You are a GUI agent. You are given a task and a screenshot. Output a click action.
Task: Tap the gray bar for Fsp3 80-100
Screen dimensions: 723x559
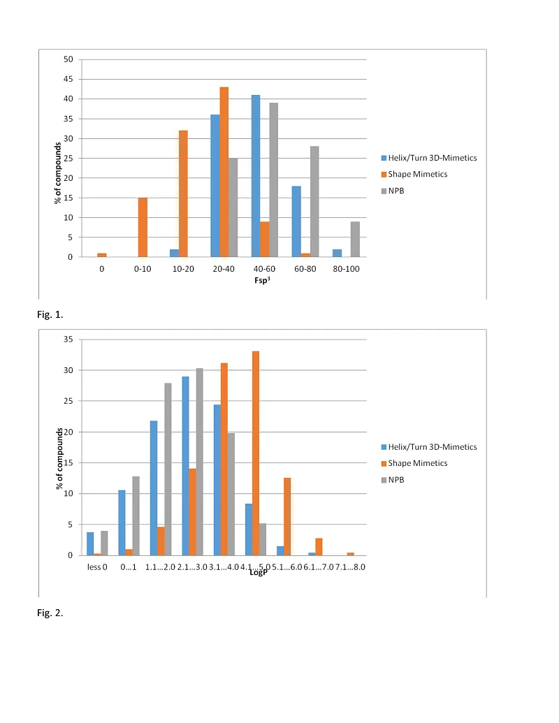355,239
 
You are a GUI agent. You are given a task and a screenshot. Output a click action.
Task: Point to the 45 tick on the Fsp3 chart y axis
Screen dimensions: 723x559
68,79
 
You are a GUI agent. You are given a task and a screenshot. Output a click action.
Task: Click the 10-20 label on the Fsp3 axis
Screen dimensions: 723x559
183,269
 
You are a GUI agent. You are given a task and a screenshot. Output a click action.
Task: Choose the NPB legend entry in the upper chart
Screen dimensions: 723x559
397,190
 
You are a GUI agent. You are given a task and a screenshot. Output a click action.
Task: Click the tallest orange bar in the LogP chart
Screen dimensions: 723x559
255,453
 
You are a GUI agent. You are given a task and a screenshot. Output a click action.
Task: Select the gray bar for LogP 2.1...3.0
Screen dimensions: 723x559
199,462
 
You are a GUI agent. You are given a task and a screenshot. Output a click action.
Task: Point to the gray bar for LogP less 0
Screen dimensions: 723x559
104,543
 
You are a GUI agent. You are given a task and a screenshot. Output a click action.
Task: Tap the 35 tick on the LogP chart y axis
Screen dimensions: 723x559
68,339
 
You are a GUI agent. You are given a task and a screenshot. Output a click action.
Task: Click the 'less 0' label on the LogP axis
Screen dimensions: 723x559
97,567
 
